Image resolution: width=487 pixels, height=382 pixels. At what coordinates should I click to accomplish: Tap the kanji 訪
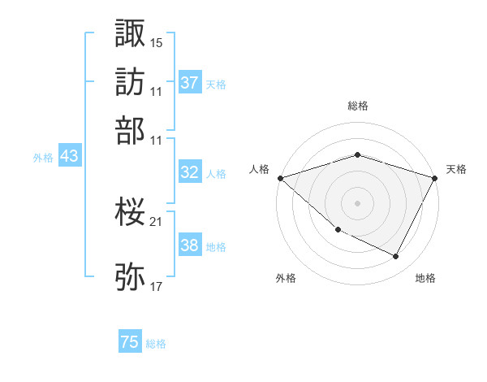pyautogui.click(x=131, y=81)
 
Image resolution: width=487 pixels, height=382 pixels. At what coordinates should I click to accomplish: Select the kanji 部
pyautogui.click(x=131, y=130)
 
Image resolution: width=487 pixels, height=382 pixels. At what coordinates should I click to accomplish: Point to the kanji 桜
pyautogui.click(x=131, y=213)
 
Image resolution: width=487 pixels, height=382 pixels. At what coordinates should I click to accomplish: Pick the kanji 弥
pyautogui.click(x=131, y=277)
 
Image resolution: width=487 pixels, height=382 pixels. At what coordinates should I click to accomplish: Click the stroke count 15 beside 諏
pyautogui.click(x=157, y=41)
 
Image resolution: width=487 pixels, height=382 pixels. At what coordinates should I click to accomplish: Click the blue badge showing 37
pyautogui.click(x=190, y=83)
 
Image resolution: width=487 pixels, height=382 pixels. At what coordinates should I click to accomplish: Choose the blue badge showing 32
pyautogui.click(x=190, y=172)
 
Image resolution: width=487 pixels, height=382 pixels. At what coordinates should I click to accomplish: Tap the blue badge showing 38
pyautogui.click(x=190, y=245)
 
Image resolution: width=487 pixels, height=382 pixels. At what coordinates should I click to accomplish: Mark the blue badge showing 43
pyautogui.click(x=69, y=157)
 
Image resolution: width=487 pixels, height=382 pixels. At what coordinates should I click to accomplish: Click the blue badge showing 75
pyautogui.click(x=130, y=342)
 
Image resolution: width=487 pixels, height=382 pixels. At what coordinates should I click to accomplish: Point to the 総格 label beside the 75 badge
pyautogui.click(x=157, y=344)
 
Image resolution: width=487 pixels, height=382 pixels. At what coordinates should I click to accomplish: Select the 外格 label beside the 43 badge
pyautogui.click(x=43, y=158)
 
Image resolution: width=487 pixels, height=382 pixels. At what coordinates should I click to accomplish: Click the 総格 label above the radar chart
pyautogui.click(x=357, y=106)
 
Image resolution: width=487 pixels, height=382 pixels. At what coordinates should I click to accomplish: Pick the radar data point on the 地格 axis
pyautogui.click(x=396, y=257)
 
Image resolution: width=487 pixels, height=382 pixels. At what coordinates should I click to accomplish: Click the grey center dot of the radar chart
pyautogui.click(x=357, y=202)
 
